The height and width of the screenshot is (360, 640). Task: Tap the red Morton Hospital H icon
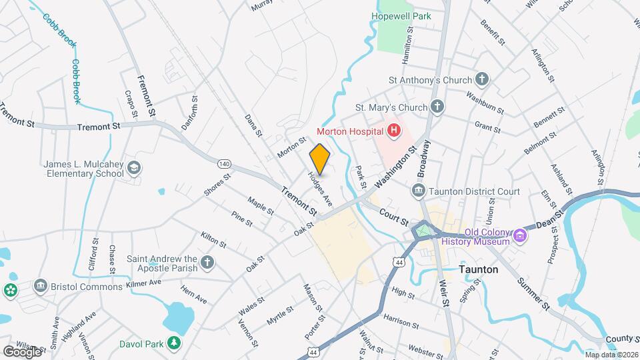(x=393, y=131)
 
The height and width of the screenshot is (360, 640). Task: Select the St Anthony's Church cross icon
(x=482, y=80)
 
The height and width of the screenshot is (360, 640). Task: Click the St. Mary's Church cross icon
(x=437, y=107)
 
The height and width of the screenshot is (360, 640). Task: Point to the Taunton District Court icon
(x=418, y=191)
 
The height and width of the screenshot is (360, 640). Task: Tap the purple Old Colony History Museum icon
(x=519, y=235)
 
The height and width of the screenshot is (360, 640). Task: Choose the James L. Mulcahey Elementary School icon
(x=135, y=169)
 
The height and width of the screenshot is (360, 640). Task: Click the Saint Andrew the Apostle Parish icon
(x=207, y=263)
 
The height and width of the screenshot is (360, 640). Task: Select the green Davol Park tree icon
(x=174, y=343)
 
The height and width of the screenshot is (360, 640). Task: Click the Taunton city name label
(x=479, y=269)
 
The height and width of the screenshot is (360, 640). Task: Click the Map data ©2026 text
(x=610, y=354)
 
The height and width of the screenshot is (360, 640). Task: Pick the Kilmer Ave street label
(x=144, y=284)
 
